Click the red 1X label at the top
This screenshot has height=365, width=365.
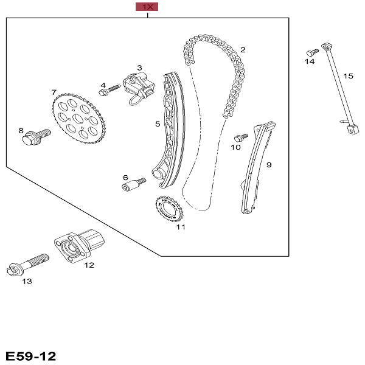click(x=147, y=7)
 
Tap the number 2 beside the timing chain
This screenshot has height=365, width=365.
click(x=242, y=50)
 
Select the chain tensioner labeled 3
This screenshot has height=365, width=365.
click(x=139, y=86)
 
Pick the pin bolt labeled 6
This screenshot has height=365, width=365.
click(x=133, y=184)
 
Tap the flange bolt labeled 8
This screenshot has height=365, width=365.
click(x=33, y=136)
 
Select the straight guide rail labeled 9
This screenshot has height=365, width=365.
click(x=256, y=167)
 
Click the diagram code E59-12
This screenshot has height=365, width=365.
click(x=30, y=355)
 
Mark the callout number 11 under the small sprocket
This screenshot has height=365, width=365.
click(x=180, y=228)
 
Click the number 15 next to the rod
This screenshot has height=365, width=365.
click(x=348, y=76)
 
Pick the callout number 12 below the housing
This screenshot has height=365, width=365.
click(x=89, y=265)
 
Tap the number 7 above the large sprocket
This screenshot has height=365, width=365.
click(x=54, y=92)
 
